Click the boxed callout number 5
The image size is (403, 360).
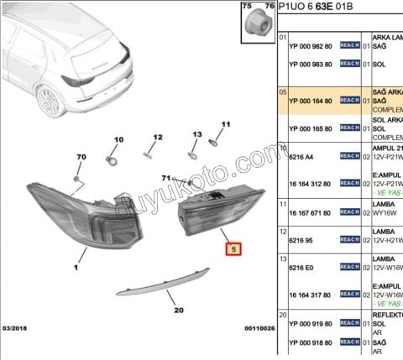coord(234,249)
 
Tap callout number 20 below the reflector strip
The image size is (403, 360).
coord(178,310)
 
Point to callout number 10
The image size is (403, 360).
coord(118,140)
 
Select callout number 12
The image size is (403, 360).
coord(157,137)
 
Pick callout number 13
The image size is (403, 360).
coord(197,134)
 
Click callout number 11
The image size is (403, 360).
coord(225,124)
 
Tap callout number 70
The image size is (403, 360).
coord(81,158)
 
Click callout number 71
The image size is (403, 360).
coord(166,178)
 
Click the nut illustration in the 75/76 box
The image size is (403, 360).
coord(257,25)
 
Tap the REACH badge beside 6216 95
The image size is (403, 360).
coord(349,239)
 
